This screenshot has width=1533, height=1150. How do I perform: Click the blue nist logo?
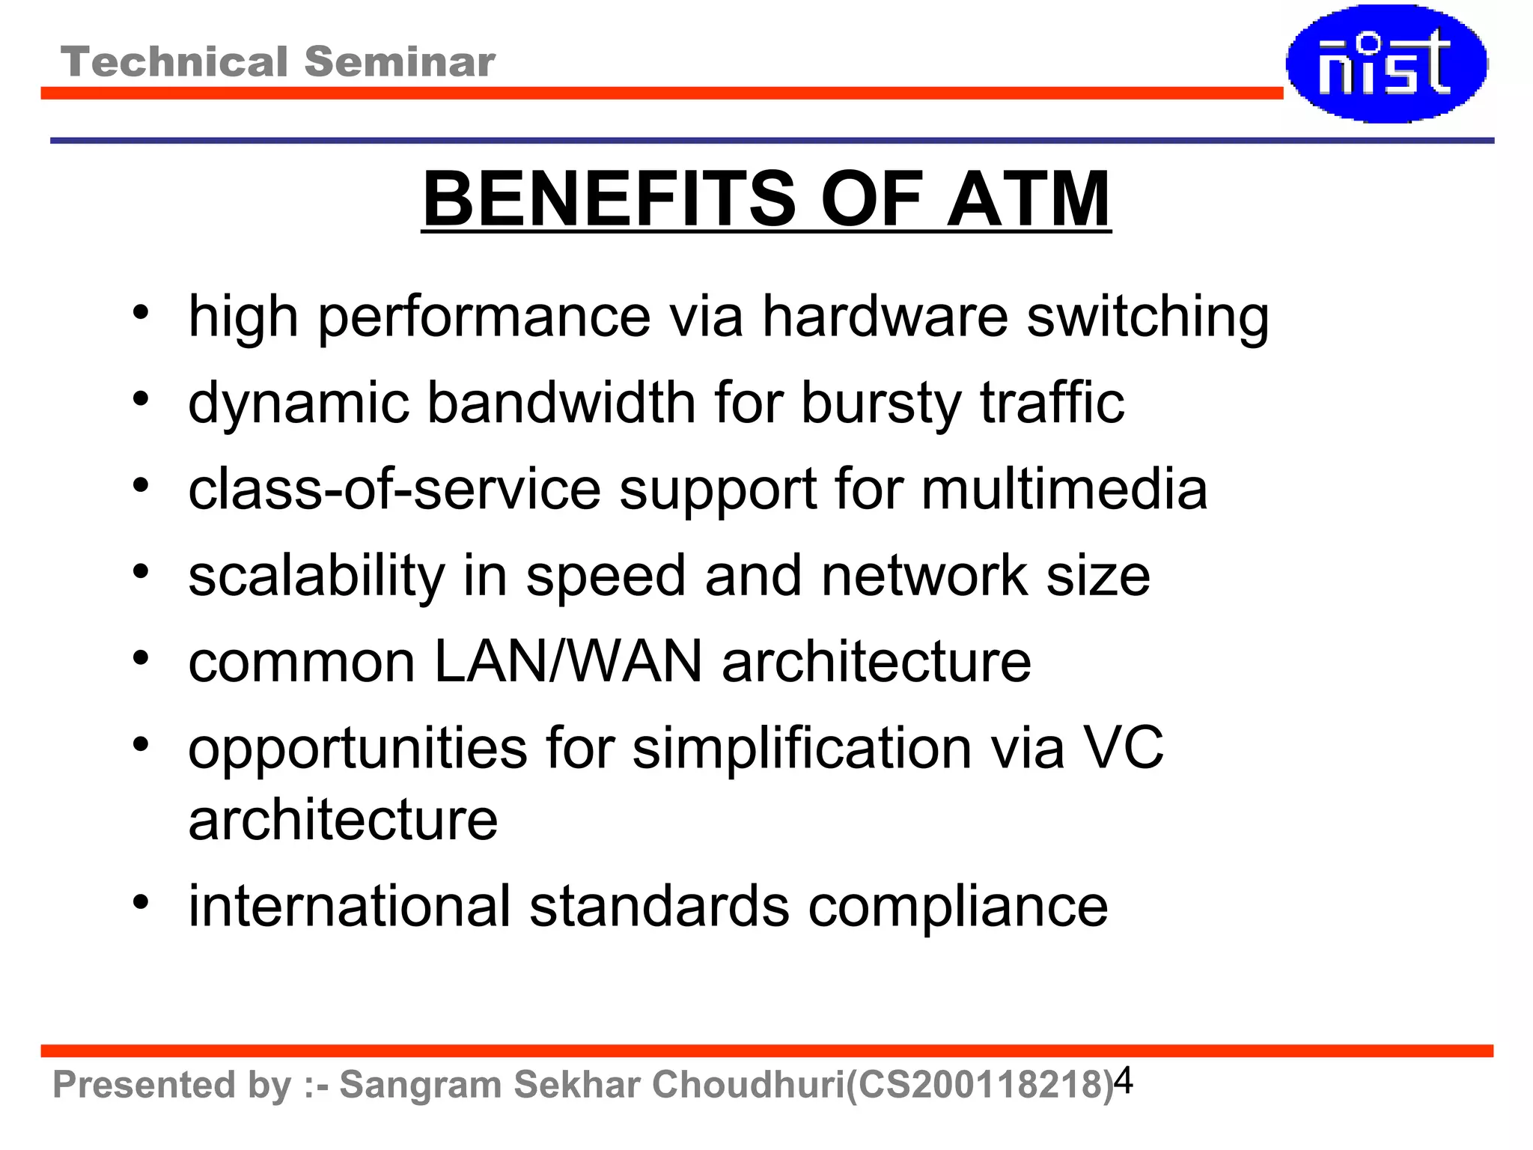[1386, 64]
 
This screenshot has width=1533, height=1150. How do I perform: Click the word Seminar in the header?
[400, 61]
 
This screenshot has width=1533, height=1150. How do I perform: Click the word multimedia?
[1064, 490]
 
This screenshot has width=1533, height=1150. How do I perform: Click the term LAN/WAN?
[568, 662]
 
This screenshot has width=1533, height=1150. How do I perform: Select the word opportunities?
[358, 749]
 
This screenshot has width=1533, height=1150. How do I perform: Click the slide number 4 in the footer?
[1124, 1081]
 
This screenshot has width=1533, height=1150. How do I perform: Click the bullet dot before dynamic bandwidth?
[141, 399]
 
